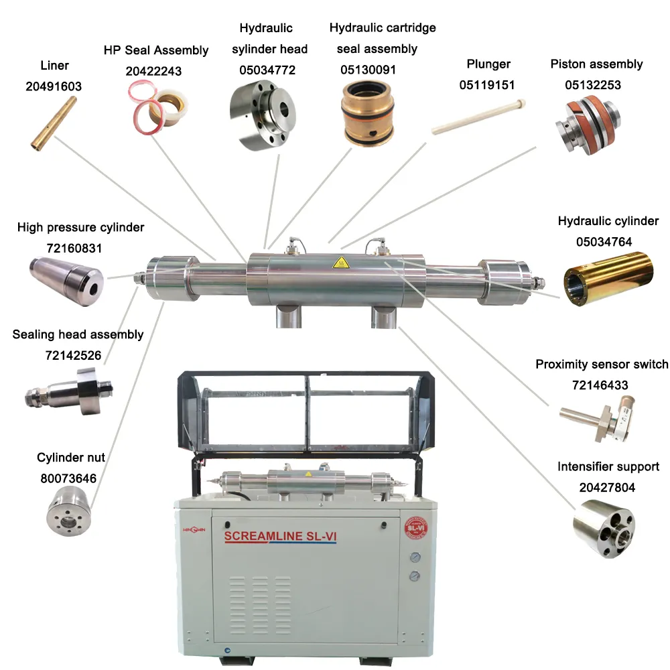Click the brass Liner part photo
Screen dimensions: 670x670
click(x=54, y=121)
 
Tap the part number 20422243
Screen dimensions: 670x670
click(x=153, y=71)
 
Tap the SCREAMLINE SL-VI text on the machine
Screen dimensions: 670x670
click(x=279, y=536)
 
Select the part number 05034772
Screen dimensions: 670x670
click(x=267, y=70)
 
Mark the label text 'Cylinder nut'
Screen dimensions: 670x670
click(x=71, y=458)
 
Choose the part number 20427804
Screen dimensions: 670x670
click(x=607, y=487)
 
